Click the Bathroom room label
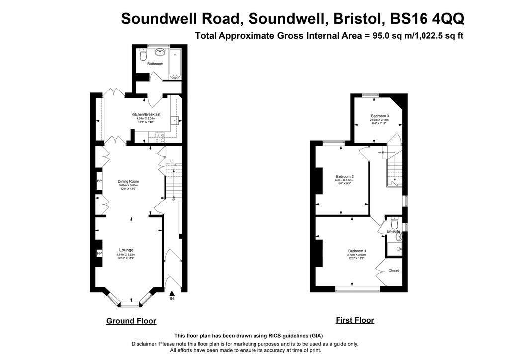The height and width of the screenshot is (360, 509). pyautogui.click(x=155, y=64)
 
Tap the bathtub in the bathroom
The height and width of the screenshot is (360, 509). pyautogui.click(x=175, y=63)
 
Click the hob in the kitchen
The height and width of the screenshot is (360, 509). pyautogui.click(x=160, y=135)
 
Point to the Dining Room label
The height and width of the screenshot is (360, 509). pyautogui.click(x=128, y=181)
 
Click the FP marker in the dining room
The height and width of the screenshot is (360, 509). pyautogui.click(x=99, y=181)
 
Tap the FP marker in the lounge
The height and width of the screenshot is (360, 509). pyautogui.click(x=99, y=254)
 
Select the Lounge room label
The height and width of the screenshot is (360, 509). pyautogui.click(x=126, y=250)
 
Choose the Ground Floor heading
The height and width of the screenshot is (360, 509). pyautogui.click(x=131, y=321)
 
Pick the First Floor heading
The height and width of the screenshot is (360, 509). pyautogui.click(x=355, y=320)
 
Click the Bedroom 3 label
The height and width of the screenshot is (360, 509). pyautogui.click(x=379, y=116)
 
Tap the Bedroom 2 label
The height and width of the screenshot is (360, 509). pyautogui.click(x=344, y=177)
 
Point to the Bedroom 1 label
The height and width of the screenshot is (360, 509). pyautogui.click(x=357, y=251)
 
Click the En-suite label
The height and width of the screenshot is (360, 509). pyautogui.click(x=393, y=231)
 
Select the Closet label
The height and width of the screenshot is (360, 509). pyautogui.click(x=393, y=270)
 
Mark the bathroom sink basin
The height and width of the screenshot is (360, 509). pyautogui.click(x=159, y=51)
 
